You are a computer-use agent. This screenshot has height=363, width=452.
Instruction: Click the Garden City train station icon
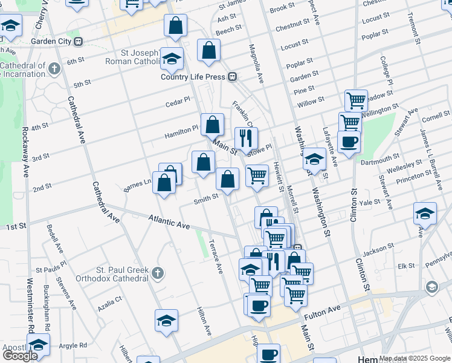click(x=77, y=42)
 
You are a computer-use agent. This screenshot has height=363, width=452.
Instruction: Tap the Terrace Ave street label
click(x=216, y=255)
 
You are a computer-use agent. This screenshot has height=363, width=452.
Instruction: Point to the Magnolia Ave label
click(x=256, y=64)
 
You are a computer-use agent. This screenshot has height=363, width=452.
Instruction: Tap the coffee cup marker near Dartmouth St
click(x=349, y=142)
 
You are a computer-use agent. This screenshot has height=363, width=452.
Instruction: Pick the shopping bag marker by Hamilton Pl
click(x=212, y=125)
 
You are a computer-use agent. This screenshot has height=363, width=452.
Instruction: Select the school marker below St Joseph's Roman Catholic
click(x=172, y=59)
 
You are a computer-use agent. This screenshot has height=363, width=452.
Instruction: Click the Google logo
click(x=21, y=356)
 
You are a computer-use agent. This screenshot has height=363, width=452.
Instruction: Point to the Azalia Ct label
click(x=109, y=299)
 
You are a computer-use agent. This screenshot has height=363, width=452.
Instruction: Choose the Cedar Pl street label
click(x=178, y=102)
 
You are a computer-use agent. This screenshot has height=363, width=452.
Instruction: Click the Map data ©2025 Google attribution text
click(x=415, y=358)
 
